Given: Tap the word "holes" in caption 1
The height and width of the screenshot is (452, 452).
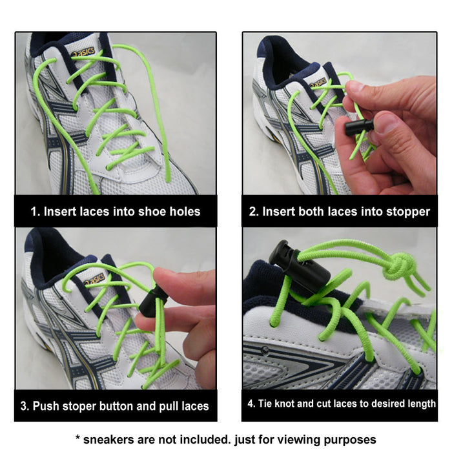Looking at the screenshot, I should pyautogui.click(x=183, y=211).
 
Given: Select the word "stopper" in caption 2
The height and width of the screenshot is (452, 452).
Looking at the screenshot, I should pyautogui.click(x=408, y=211).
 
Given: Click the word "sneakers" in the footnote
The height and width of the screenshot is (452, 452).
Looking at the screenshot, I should pyautogui.click(x=109, y=439).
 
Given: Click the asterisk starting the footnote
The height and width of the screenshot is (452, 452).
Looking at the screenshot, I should pyautogui.click(x=78, y=438).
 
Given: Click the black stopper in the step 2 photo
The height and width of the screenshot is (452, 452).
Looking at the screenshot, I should pyautogui.click(x=359, y=127).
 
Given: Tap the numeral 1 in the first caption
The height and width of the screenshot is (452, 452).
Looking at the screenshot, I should pyautogui.click(x=34, y=211).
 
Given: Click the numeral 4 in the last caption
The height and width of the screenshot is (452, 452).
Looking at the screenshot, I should pyautogui.click(x=251, y=404).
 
